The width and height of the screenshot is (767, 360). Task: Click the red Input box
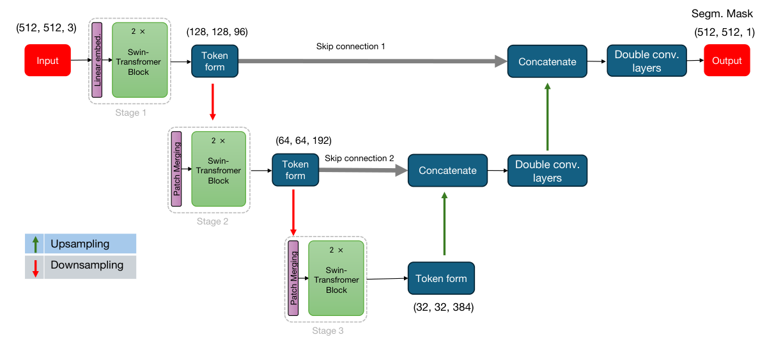(47, 61)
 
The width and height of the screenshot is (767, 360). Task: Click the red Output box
(727, 61)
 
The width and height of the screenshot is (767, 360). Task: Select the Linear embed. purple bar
(97, 60)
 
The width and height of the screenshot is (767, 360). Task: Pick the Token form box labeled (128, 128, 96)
(215, 61)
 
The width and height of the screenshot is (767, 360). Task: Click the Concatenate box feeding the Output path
(547, 61)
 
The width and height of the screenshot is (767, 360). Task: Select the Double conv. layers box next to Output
(646, 61)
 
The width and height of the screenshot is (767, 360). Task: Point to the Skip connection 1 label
(350, 47)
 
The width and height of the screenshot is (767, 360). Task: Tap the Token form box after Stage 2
(295, 170)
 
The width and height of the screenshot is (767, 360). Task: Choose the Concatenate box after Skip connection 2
(447, 171)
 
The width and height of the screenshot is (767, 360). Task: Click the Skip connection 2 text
(359, 158)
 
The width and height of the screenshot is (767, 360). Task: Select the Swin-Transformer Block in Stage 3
(336, 278)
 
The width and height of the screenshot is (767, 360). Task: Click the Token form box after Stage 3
(441, 278)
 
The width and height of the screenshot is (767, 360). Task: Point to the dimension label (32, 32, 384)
(444, 308)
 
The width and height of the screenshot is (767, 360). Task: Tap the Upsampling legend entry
(80, 244)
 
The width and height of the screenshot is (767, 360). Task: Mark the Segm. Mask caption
(723, 13)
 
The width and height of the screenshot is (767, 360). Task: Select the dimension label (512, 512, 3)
(46, 28)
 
